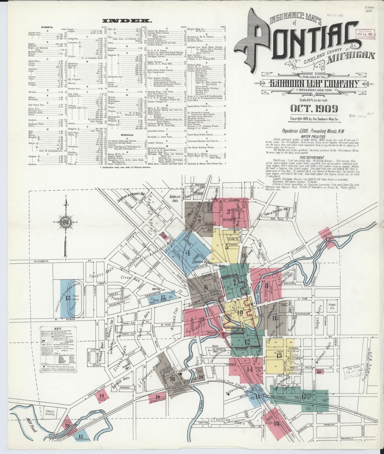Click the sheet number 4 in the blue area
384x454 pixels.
point(188,253)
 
